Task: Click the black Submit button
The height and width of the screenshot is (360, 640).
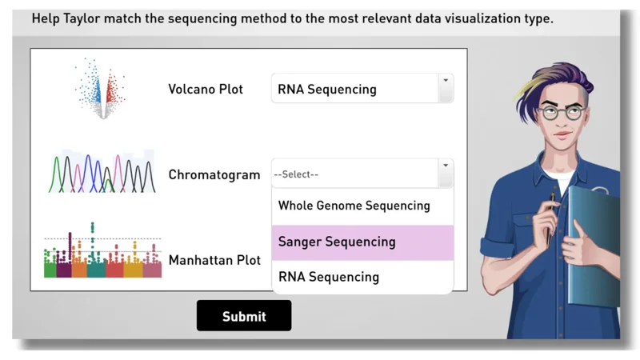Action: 244,315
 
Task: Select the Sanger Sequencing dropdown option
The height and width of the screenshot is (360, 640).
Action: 362,242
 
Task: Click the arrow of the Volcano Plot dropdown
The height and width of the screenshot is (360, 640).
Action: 446,81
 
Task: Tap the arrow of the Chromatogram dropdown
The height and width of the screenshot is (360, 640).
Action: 446,166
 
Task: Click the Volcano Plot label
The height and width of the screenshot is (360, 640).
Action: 206,89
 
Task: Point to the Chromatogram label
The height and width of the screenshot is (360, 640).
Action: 214,174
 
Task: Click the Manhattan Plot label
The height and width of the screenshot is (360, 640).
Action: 214,260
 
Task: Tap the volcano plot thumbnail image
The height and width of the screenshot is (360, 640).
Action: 101,89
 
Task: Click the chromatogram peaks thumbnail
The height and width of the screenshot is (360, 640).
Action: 102,171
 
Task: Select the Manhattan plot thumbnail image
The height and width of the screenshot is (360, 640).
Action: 102,250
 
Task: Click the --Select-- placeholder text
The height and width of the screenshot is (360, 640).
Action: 296,174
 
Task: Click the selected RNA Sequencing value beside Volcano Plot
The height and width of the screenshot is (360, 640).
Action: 327,89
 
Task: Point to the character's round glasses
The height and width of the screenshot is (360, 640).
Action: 562,113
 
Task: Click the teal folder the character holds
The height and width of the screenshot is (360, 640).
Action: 594,245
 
